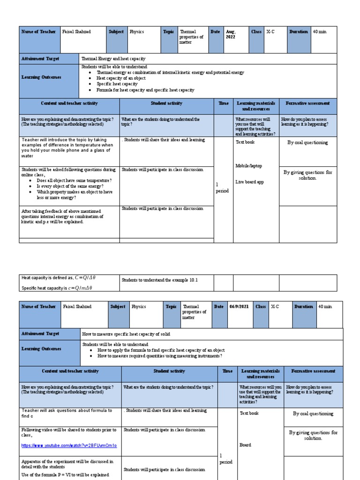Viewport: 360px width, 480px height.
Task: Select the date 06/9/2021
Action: (x=239, y=307)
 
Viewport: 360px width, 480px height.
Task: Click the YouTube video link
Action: (x=69, y=445)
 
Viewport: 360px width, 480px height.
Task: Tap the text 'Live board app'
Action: (x=249, y=182)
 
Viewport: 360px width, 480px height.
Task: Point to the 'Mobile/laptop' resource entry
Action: (x=248, y=165)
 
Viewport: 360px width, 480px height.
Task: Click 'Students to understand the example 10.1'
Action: (x=160, y=280)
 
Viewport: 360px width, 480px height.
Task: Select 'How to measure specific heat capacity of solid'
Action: (x=126, y=334)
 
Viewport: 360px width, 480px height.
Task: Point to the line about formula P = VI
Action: (x=61, y=475)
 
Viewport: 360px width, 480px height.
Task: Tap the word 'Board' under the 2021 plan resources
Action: (x=246, y=445)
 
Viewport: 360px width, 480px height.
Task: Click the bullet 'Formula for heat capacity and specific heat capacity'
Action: (x=145, y=90)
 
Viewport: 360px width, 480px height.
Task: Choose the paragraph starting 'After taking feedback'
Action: (x=62, y=217)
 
